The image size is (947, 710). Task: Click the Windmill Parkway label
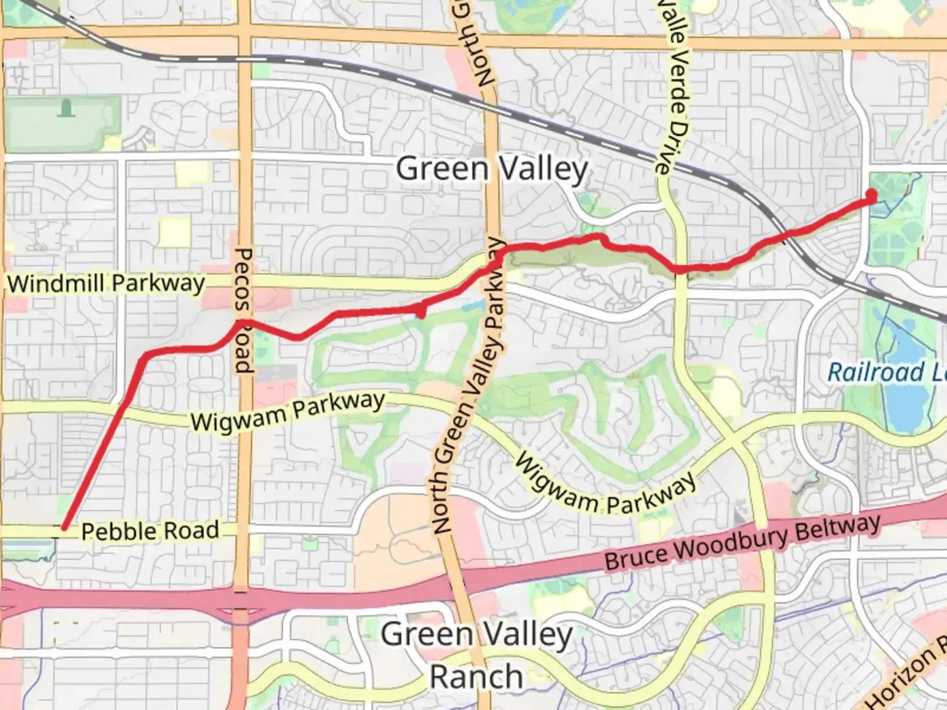106,284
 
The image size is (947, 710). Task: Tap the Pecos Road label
243,310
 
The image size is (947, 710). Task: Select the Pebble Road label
150,531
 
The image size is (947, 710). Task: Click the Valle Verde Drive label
673,85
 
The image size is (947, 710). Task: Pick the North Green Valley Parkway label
468,388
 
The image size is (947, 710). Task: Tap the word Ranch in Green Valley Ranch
475,676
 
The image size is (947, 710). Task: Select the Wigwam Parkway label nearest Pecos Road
287,412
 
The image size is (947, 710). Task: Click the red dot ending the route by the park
871,195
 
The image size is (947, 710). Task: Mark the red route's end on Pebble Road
64,527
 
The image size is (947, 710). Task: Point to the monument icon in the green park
65,107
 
